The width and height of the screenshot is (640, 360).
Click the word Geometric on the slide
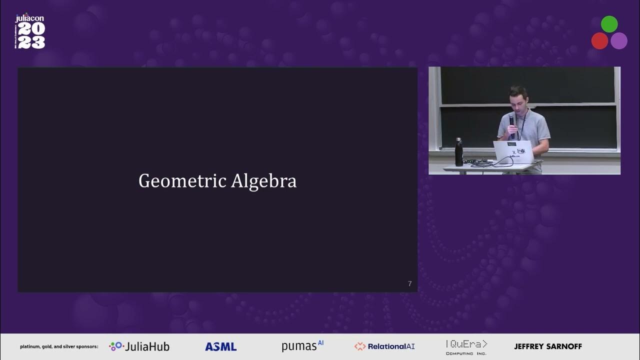tap(182, 181)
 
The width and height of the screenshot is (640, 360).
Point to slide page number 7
tap(410, 284)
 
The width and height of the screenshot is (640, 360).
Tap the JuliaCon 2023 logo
tap(30, 32)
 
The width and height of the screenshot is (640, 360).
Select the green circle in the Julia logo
tap(609, 24)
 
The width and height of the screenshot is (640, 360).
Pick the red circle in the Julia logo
tap(599, 41)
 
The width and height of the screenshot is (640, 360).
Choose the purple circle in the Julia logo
tap(619, 41)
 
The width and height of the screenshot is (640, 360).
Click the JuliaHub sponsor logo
tap(139, 346)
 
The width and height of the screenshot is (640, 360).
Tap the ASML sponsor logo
tap(220, 346)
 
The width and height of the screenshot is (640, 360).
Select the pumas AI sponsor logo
tap(302, 345)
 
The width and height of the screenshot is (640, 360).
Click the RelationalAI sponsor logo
tap(384, 346)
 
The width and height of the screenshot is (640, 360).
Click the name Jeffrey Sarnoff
tap(548, 346)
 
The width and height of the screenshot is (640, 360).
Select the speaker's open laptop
tap(513, 152)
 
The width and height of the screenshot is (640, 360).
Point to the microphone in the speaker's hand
tap(512, 120)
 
